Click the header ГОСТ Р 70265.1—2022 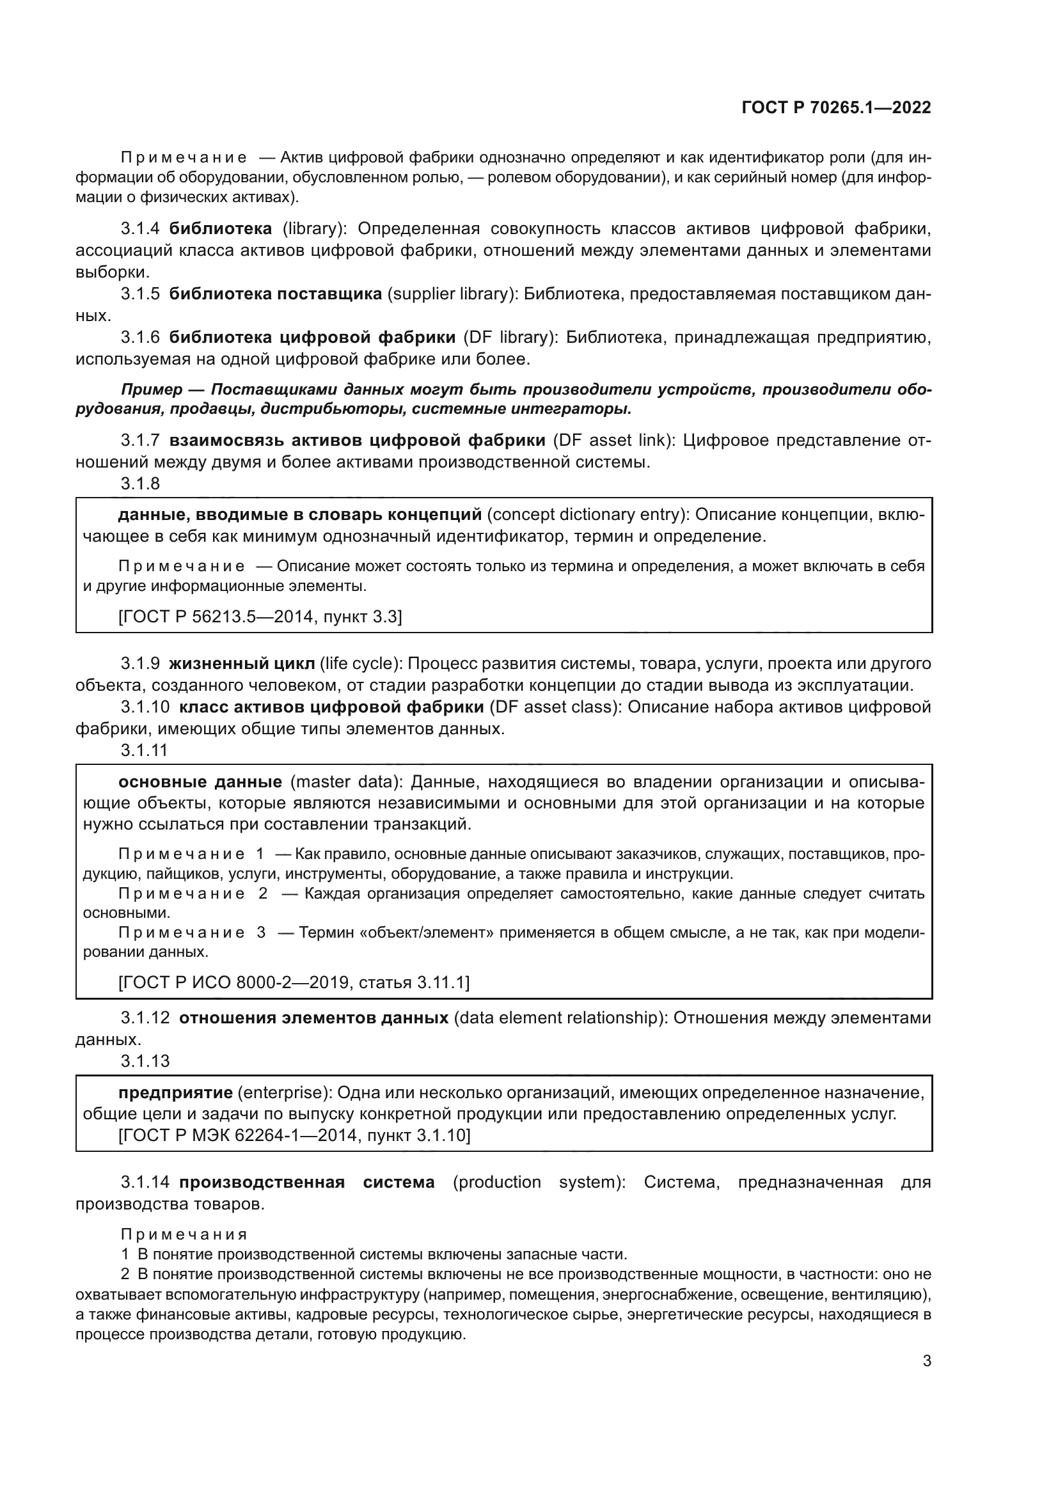tap(836, 108)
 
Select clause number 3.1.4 tap(139, 229)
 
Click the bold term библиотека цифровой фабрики tap(312, 338)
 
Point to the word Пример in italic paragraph tap(151, 390)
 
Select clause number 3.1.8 tap(139, 484)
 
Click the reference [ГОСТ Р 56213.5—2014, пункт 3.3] tap(260, 617)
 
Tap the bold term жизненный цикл tap(242, 664)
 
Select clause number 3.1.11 tap(144, 751)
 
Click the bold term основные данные tap(200, 782)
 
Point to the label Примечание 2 tap(193, 894)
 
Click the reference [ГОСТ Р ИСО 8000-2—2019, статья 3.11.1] tap(293, 982)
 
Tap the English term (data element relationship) tap(560, 1018)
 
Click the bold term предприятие tap(175, 1092)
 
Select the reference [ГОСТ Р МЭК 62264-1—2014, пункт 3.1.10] tap(294, 1136)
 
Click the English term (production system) tap(539, 1183)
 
